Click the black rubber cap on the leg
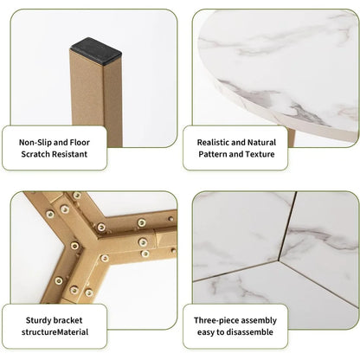point(96,50)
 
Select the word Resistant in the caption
point(70,154)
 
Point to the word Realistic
point(213,143)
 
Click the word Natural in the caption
point(261,143)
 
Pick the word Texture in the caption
point(260,154)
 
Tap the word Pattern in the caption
point(213,154)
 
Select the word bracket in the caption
point(67,320)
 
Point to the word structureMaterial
point(55,332)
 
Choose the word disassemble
point(249,332)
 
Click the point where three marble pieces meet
point(279,261)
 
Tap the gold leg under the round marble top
point(292,138)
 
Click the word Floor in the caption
point(80,143)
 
